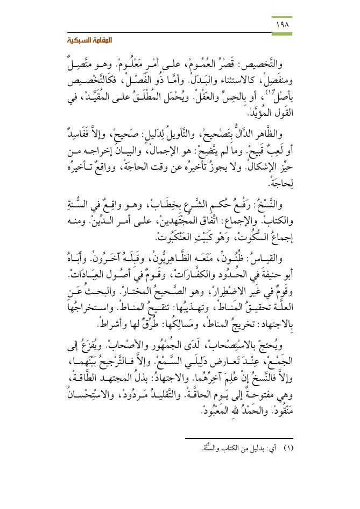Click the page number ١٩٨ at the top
(x=283, y=25)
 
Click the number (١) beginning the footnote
(x=287, y=449)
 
